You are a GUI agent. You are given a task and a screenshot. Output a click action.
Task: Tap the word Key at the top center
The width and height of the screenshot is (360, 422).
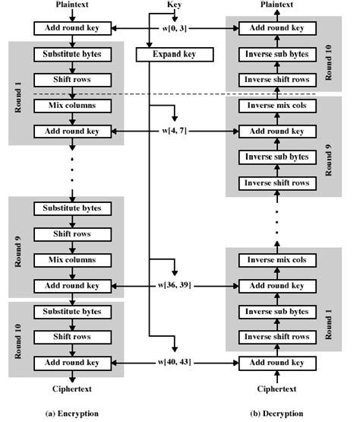coord(174,5)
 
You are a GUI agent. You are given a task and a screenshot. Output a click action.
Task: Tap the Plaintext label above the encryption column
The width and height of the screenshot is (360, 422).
coord(72,5)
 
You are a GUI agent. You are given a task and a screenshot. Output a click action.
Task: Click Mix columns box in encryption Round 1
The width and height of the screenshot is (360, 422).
coord(72,106)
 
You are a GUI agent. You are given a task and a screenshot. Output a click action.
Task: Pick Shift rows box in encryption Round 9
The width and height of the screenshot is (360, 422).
coord(72,234)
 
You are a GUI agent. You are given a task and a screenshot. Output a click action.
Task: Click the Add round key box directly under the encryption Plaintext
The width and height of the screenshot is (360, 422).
coord(72,29)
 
